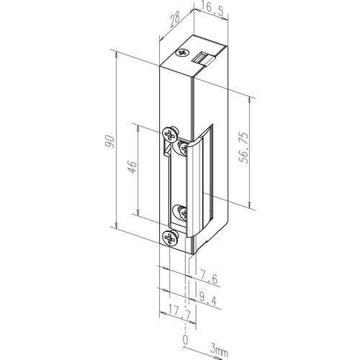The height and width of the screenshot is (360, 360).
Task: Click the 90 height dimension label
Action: point(109,142)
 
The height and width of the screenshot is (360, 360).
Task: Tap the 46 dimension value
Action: point(132,167)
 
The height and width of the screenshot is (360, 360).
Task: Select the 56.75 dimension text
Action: point(244,148)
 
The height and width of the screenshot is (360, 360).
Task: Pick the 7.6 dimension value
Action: point(208,279)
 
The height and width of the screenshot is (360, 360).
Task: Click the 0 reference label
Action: point(185,340)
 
